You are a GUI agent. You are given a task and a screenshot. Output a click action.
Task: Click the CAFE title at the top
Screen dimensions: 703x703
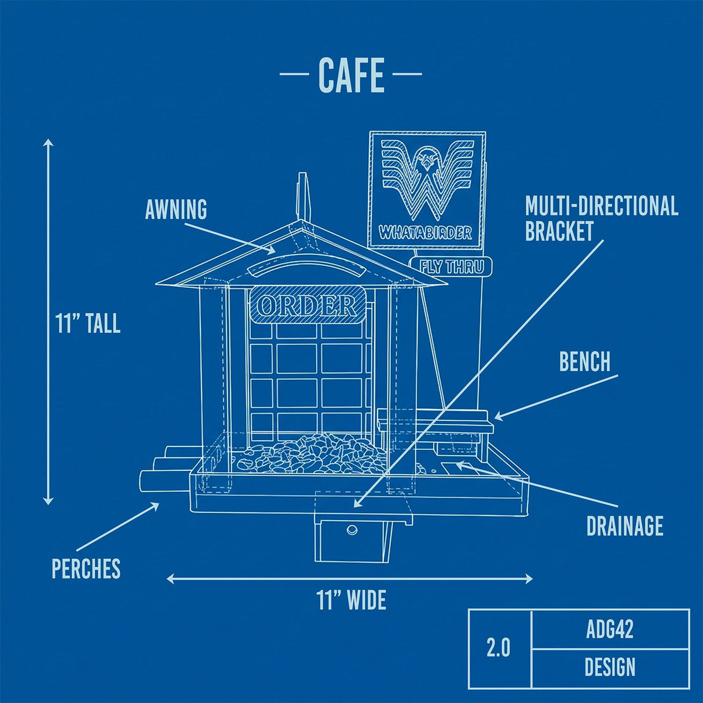click(x=351, y=75)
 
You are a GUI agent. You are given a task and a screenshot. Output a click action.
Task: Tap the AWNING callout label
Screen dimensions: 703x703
click(x=176, y=210)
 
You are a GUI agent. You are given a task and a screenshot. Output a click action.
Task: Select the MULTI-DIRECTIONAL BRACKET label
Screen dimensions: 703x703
click(x=601, y=218)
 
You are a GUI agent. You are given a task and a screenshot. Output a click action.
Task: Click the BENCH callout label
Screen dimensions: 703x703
click(x=585, y=361)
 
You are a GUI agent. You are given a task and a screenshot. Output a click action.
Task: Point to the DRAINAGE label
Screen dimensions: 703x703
click(x=624, y=526)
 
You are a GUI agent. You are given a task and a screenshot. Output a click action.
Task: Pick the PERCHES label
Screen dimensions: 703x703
click(x=86, y=569)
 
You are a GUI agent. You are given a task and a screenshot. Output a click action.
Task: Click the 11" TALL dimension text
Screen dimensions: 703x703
click(x=88, y=323)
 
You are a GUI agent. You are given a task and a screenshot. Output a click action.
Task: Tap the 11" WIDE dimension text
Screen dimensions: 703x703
click(x=351, y=600)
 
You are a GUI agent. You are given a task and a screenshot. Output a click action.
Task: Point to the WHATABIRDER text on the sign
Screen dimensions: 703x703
click(x=426, y=233)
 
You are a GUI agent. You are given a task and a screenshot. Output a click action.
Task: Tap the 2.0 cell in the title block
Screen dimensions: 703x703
click(x=499, y=648)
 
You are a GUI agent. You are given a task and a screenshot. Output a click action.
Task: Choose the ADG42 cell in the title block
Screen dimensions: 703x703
click(x=610, y=629)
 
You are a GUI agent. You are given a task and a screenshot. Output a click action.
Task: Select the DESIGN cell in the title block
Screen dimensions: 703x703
click(x=610, y=668)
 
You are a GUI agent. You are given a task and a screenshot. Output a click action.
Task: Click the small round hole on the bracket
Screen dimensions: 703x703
click(x=351, y=529)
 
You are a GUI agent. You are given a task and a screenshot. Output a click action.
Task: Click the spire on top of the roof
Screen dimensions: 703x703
click(x=302, y=197)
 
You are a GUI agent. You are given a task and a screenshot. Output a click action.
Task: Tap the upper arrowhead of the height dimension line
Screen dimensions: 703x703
click(x=49, y=142)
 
